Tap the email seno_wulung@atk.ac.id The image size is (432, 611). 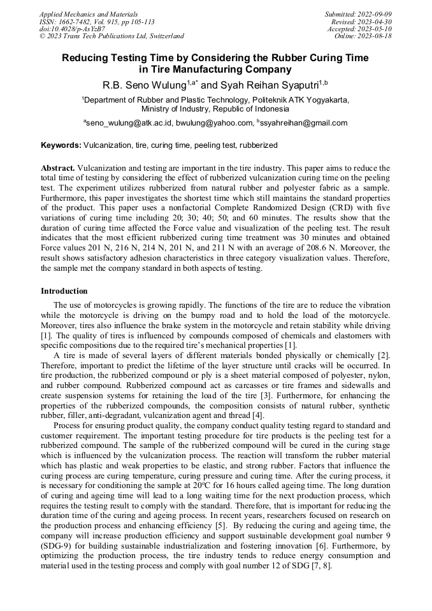point(129,123)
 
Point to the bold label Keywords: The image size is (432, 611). point(61,145)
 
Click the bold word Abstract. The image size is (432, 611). point(58,168)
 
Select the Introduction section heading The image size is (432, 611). point(64,291)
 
